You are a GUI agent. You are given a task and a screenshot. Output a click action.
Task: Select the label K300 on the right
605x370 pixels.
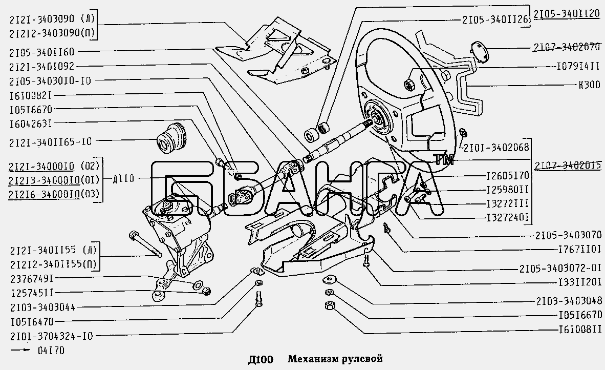(x=586, y=85)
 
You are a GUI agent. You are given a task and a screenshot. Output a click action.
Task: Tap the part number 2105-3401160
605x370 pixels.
(x=41, y=52)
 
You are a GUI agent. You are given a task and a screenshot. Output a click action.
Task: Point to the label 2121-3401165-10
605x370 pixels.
(x=50, y=141)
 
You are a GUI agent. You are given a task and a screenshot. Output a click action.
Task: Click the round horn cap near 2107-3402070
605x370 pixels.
(x=479, y=52)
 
